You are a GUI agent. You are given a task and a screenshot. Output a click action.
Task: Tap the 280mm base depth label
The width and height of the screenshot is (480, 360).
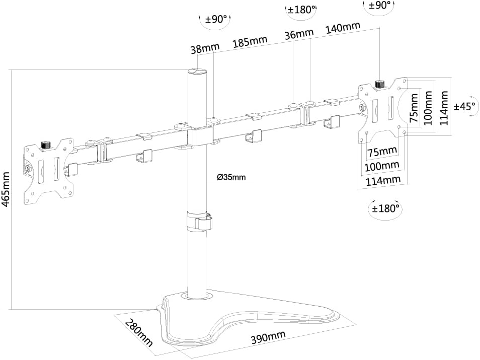[x=138, y=333]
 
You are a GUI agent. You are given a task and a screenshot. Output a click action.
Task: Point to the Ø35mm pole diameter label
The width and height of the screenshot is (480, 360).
[x=231, y=177]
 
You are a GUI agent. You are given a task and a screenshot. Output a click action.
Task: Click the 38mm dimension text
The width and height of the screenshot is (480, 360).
[x=205, y=49]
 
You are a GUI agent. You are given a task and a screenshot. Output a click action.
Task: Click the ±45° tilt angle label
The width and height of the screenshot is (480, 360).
[x=465, y=106]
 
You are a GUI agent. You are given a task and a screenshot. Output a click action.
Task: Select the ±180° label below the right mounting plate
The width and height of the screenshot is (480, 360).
[x=385, y=207]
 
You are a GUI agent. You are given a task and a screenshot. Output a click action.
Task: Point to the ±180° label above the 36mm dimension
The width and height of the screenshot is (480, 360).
[x=301, y=10]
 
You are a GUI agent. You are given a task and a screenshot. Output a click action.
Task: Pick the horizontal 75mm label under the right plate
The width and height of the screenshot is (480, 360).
[x=381, y=152]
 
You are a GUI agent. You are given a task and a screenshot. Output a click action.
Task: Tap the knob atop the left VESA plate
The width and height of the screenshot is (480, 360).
[x=46, y=145]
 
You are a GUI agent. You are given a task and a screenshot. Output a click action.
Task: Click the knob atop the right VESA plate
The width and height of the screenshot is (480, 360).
[x=379, y=83]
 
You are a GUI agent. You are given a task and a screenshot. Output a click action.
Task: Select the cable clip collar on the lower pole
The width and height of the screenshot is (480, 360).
[x=200, y=222]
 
